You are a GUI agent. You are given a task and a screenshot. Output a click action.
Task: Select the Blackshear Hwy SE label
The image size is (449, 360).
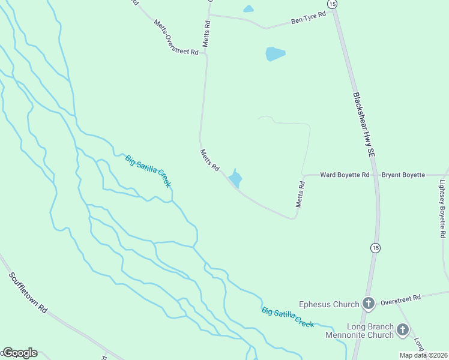click(364, 125)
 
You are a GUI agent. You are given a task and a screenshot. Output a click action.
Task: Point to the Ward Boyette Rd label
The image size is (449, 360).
click(345, 175)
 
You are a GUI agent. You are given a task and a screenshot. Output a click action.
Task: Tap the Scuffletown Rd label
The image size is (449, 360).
click(28, 293)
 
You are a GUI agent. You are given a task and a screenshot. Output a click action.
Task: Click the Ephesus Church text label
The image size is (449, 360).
click(329, 304)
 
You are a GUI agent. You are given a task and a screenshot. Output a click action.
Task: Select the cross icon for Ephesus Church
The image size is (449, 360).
click(369, 304)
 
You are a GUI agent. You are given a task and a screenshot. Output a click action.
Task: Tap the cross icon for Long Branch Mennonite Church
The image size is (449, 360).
click(402, 329)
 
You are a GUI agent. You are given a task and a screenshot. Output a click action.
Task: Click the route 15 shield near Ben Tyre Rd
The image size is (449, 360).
click(333, 4)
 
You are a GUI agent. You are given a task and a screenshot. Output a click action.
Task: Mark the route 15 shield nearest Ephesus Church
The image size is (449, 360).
click(375, 248)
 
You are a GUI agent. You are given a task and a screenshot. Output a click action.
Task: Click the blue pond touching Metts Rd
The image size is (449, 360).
click(235, 179)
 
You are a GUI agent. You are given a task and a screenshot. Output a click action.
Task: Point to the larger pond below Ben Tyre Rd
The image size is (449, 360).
click(275, 54)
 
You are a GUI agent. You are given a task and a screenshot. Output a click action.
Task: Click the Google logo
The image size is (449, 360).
click(20, 353)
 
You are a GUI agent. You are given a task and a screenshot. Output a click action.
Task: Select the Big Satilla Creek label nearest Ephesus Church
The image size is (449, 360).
click(288, 317)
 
